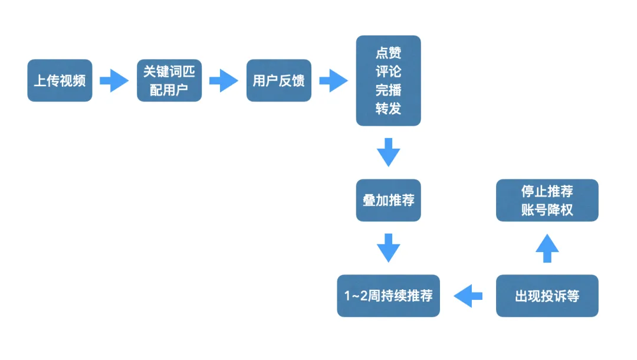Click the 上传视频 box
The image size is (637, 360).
(x=60, y=80)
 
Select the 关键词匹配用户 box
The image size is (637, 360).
(x=169, y=80)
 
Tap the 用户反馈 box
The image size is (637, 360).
(x=278, y=80)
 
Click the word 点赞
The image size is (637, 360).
(x=388, y=53)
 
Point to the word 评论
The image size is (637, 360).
(x=388, y=71)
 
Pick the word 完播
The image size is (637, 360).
(x=388, y=90)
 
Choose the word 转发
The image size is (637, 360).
(x=388, y=109)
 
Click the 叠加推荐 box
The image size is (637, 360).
(x=388, y=200)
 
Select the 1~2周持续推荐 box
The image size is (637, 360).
(x=388, y=296)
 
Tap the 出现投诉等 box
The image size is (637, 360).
(x=547, y=296)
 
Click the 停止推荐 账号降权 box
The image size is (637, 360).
(x=547, y=200)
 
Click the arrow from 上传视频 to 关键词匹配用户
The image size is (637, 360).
(x=114, y=80)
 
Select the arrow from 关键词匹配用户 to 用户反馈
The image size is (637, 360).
(x=224, y=80)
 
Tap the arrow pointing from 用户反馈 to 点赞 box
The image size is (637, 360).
(x=333, y=80)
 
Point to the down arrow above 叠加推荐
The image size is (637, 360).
(x=388, y=152)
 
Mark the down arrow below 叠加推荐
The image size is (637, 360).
(x=388, y=248)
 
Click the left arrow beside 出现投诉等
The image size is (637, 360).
(x=468, y=296)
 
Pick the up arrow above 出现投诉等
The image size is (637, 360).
(x=547, y=248)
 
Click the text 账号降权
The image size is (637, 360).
(x=547, y=210)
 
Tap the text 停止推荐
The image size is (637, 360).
(x=547, y=191)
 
